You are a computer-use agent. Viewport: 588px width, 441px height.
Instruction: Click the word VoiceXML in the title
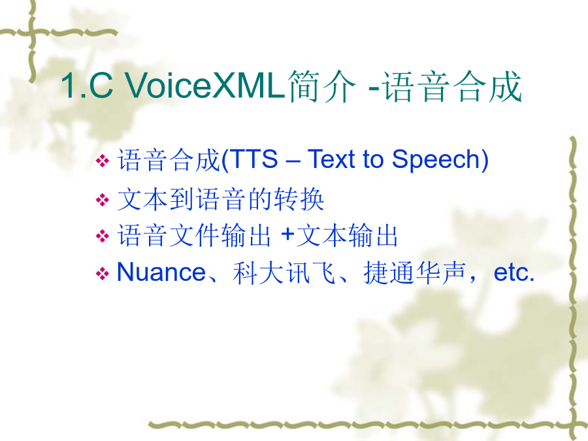point(204,85)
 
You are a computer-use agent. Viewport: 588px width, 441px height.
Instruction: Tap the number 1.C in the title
point(87,86)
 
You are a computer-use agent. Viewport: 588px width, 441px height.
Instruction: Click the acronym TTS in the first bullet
point(253,159)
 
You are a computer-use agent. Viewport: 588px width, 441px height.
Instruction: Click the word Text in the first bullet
point(331,159)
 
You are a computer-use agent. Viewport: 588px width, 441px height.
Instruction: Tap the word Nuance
point(161,272)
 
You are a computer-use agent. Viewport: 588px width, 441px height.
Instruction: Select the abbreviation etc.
point(514,272)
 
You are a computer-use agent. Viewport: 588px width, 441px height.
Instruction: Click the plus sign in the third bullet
point(287,235)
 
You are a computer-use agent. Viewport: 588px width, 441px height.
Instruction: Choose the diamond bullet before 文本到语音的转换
point(103,199)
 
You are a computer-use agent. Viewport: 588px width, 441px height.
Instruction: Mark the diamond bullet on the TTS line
point(103,161)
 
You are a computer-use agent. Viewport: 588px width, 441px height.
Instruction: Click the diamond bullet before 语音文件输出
point(103,237)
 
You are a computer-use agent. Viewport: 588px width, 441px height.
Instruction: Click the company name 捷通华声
point(415,272)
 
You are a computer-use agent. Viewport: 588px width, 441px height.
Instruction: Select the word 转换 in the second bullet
point(299,199)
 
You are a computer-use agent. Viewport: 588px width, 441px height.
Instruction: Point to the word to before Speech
point(373,160)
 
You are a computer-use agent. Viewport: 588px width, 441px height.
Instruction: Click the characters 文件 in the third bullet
point(194,235)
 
